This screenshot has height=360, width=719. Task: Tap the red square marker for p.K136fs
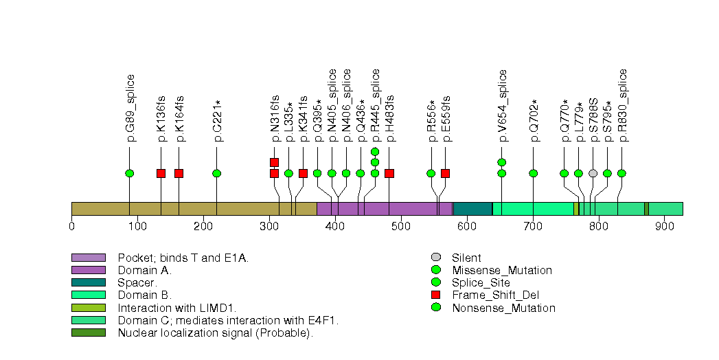coord(161,173)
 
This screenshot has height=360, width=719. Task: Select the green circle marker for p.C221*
coord(217,173)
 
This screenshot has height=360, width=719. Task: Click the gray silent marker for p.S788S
coord(593,173)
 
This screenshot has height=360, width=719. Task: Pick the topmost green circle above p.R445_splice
coord(375,152)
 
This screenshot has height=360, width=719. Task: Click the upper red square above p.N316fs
coord(274,162)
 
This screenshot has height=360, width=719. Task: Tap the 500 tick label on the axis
coord(401,225)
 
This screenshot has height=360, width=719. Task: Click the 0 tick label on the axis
coord(72,225)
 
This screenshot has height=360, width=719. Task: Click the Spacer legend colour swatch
coord(88,282)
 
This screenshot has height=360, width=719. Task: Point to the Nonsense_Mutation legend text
coord(503,308)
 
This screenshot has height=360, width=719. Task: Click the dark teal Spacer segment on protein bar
coord(472,209)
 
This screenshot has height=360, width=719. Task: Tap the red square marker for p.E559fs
coord(445,173)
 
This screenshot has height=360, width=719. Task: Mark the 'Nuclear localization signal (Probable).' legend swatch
coord(88,333)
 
